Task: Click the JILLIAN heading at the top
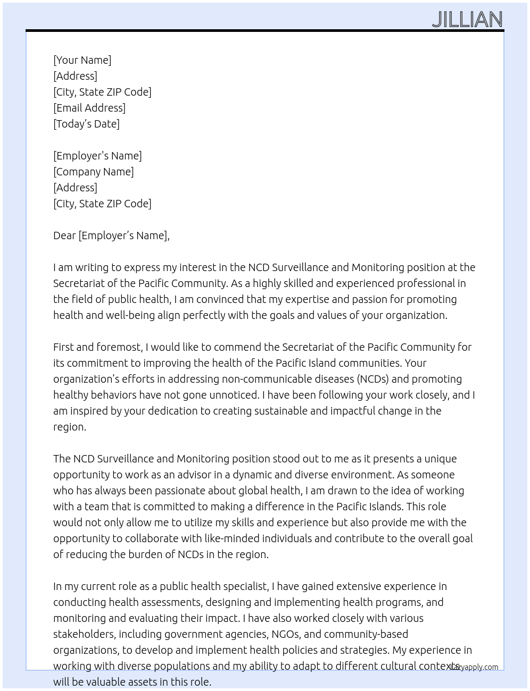coord(467,20)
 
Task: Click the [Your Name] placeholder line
coord(82,60)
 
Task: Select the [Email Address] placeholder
coord(89,108)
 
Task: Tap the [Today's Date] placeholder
coord(86,124)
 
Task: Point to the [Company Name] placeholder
coord(93,172)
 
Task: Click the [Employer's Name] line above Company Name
coord(97,156)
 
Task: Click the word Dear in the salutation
coord(64,235)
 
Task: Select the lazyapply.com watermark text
coord(475,667)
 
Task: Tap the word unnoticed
coord(232,395)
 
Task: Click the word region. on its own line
coord(69,427)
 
